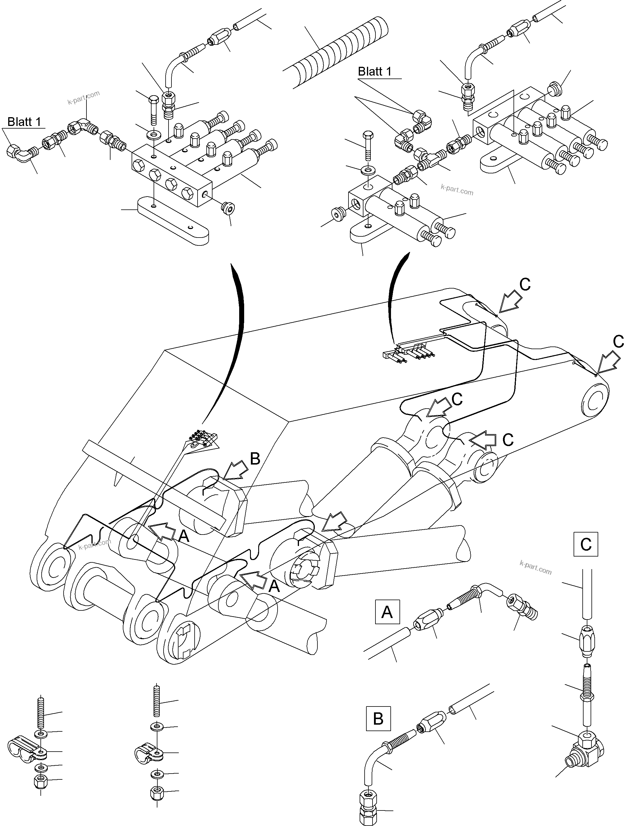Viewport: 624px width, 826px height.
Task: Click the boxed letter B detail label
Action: (378, 719)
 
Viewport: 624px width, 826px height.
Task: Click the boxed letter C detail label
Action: (586, 544)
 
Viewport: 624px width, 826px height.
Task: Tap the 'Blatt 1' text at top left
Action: (24, 122)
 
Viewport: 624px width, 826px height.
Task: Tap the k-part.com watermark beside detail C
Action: (535, 568)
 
